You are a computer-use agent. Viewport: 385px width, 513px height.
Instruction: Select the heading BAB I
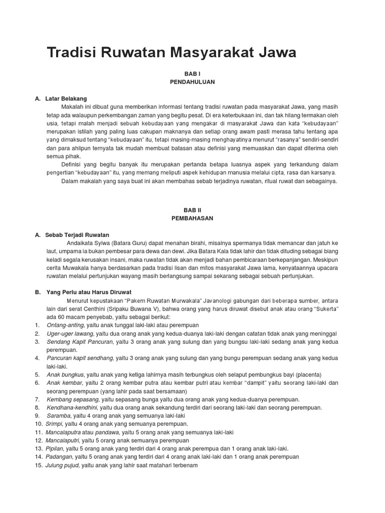click(x=192, y=74)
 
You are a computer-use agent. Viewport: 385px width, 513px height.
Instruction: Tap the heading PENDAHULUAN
click(x=192, y=81)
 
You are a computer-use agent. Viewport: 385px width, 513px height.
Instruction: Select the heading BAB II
click(x=192, y=211)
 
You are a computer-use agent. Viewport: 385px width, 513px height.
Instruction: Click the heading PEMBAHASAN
click(x=192, y=218)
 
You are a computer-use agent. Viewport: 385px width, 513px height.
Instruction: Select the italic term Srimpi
click(x=54, y=424)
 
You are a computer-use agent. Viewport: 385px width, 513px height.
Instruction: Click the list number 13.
click(x=38, y=448)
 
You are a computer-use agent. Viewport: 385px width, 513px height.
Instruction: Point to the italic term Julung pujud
click(x=63, y=464)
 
